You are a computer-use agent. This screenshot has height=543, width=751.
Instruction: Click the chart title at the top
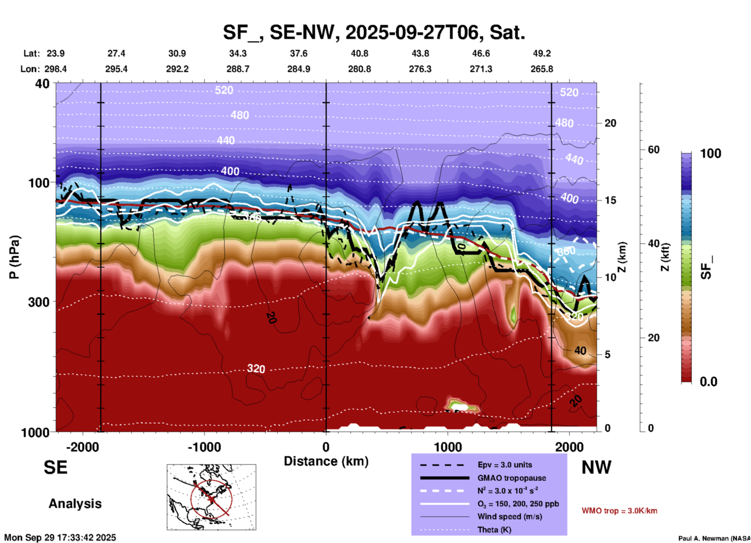click(x=374, y=32)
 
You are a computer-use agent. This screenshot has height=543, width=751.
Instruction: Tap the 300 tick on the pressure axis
click(x=39, y=302)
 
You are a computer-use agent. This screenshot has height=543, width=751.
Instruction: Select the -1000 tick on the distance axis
click(x=204, y=447)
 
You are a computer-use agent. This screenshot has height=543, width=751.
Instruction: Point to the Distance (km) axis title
click(x=326, y=461)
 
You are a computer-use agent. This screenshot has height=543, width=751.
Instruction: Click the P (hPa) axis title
click(x=14, y=257)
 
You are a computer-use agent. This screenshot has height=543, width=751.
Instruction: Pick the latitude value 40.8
click(x=359, y=53)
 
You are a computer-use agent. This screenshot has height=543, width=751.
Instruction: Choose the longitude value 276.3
click(x=420, y=69)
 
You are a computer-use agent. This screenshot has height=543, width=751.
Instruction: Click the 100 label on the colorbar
click(x=710, y=153)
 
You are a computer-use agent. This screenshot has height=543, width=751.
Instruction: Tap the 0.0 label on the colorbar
click(x=708, y=382)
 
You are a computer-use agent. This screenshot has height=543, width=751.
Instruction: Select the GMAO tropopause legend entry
click(x=512, y=478)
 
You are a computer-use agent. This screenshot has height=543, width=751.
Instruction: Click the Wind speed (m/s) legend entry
click(x=510, y=517)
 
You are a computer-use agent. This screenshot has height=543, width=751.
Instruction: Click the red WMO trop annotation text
click(x=619, y=511)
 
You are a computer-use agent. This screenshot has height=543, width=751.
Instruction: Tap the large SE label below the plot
click(x=55, y=467)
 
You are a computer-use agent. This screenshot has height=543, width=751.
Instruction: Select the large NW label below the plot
click(x=596, y=467)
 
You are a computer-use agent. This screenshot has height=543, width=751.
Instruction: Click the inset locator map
click(x=211, y=497)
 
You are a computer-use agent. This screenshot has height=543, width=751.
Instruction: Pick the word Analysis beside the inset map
click(x=75, y=504)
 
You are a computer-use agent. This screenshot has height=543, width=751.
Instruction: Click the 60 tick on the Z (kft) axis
click(x=654, y=150)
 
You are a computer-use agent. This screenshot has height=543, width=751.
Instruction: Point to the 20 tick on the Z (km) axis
click(x=610, y=123)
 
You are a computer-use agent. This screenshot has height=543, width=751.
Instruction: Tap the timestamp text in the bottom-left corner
click(x=60, y=538)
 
